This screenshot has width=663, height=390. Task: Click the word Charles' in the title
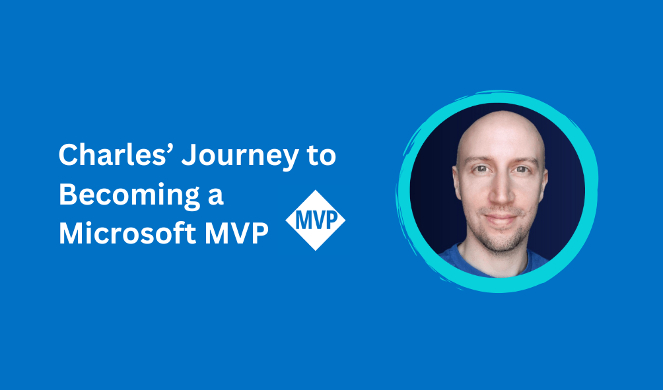[x=116, y=154]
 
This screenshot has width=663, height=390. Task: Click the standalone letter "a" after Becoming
[x=216, y=197]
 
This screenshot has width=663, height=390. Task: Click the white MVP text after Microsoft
[x=237, y=233]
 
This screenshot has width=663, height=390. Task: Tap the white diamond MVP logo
[x=316, y=220]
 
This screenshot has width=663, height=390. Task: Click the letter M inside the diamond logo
[x=302, y=220]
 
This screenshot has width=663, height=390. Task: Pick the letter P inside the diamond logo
[x=332, y=220]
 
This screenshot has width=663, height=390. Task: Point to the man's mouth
[x=501, y=219]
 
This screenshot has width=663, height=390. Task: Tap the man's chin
[x=501, y=241]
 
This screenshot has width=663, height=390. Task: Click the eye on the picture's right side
[x=522, y=170]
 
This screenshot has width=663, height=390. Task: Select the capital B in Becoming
[x=67, y=195]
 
